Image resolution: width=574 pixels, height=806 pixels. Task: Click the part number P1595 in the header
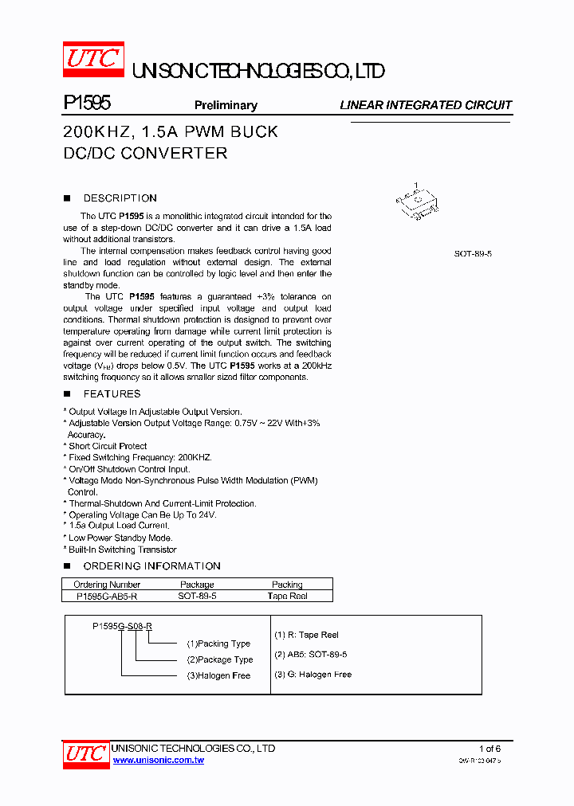(86, 104)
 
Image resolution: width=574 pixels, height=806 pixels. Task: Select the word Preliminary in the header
(226, 105)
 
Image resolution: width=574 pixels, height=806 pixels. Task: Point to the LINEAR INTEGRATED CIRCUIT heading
(426, 105)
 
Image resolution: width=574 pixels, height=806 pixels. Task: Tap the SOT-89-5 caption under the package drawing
(473, 253)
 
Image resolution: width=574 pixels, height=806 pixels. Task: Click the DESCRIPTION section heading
(120, 198)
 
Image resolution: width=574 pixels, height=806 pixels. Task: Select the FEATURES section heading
(112, 394)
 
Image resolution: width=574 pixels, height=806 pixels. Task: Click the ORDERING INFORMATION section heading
(151, 566)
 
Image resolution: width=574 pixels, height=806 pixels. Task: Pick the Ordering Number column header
(107, 585)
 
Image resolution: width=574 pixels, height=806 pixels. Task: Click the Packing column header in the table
(287, 585)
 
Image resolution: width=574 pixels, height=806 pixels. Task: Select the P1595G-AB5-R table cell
(107, 596)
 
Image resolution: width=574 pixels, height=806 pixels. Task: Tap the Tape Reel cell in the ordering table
(287, 596)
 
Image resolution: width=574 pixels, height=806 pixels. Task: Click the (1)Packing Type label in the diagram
(218, 644)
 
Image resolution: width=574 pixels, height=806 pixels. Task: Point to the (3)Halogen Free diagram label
(218, 675)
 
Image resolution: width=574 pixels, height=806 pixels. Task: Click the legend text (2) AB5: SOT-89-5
(310, 655)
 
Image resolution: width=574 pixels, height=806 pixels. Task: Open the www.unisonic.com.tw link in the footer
(159, 761)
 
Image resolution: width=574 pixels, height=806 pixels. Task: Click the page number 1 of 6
(489, 749)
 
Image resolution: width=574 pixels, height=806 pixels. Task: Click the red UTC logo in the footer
(85, 753)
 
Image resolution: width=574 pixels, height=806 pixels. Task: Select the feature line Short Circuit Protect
(107, 446)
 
